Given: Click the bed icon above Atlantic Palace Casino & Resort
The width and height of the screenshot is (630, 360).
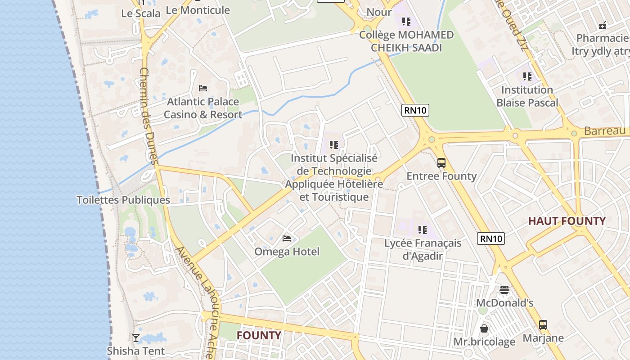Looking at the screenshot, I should pyautogui.click(x=203, y=88).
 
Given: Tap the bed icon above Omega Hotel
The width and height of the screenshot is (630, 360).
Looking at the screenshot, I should pyautogui.click(x=287, y=238).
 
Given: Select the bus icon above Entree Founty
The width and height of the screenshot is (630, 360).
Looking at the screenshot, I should pyautogui.click(x=441, y=163).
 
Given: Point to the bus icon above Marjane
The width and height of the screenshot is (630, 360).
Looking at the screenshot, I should pyautogui.click(x=543, y=324).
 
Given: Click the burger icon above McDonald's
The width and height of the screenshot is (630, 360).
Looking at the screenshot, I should pyautogui.click(x=504, y=289).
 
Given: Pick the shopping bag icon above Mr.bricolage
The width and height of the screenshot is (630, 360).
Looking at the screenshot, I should pyautogui.click(x=484, y=328).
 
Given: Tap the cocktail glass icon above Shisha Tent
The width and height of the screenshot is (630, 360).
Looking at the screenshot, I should pyautogui.click(x=135, y=337).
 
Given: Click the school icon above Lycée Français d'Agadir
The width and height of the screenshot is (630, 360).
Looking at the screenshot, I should pyautogui.click(x=422, y=230).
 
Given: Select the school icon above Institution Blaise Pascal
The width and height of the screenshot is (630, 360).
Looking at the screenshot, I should pyautogui.click(x=527, y=76).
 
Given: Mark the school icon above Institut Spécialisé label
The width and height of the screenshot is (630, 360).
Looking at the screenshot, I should pyautogui.click(x=333, y=145).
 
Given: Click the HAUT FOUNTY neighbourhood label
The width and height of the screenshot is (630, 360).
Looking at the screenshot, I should pyautogui.click(x=567, y=221).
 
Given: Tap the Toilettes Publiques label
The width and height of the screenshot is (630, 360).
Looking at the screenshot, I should pyautogui.click(x=123, y=200).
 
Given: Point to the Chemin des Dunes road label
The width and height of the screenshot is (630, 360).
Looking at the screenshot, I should pyautogui.click(x=148, y=116).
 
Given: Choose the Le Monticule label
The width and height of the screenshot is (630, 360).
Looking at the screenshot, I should pyautogui.click(x=198, y=10).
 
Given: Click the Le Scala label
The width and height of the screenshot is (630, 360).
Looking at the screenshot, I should pyautogui.click(x=141, y=13).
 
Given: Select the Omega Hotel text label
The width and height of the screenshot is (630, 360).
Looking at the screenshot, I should pyautogui.click(x=287, y=252).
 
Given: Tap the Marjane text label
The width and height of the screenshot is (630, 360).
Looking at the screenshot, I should pyautogui.click(x=543, y=337).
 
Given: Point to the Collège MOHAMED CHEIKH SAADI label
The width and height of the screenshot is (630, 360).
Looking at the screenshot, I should pyautogui.click(x=406, y=41).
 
